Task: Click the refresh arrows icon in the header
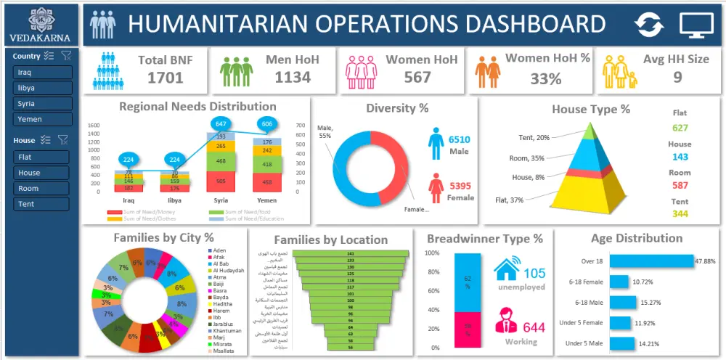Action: coord(649,25)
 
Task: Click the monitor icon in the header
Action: coord(696,25)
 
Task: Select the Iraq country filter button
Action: coord(42,72)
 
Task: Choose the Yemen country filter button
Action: coord(42,119)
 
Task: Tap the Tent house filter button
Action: coord(41,205)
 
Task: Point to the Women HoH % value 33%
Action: coord(545,78)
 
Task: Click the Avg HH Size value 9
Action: coord(677,77)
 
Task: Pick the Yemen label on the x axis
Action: coord(267,199)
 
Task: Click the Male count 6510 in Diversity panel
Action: coord(460,139)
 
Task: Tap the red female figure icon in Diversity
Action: coord(436,188)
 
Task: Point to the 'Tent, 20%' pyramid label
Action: coord(534,138)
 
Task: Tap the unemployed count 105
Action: coord(534,274)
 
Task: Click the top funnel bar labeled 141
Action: coord(350,254)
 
